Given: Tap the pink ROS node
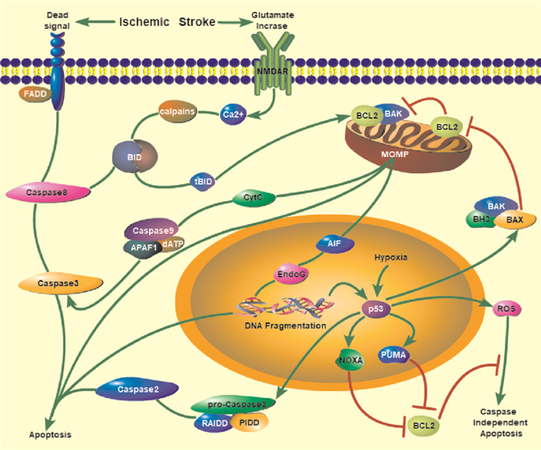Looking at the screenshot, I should pos(508,309).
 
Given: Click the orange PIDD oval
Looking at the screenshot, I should pos(248,422).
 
